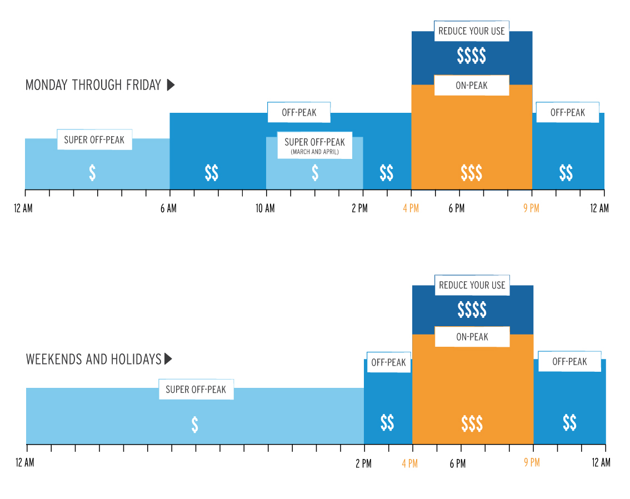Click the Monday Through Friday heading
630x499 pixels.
pyautogui.click(x=93, y=85)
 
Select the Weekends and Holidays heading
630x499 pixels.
pyautogui.click(x=93, y=359)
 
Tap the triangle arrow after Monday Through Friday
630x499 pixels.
pyautogui.click(x=171, y=85)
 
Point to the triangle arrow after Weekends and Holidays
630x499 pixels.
pyautogui.click(x=168, y=359)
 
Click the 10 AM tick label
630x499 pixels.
pyautogui.click(x=265, y=208)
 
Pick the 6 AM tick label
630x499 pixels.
pyautogui.click(x=168, y=208)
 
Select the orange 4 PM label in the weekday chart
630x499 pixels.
pyautogui.click(x=411, y=208)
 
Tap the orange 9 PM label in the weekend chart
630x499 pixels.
pyautogui.click(x=532, y=462)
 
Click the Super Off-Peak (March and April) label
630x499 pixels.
pyautogui.click(x=314, y=145)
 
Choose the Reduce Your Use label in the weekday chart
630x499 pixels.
pyautogui.click(x=472, y=31)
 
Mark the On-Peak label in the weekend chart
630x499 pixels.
pyautogui.click(x=472, y=337)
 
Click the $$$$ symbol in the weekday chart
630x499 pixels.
pyautogui.click(x=471, y=56)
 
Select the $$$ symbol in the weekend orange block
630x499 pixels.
pyautogui.click(x=472, y=424)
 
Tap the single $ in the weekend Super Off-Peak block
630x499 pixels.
pyautogui.click(x=194, y=424)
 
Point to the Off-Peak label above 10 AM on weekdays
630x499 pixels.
pyautogui.click(x=299, y=112)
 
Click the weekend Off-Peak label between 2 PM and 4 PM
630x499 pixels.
pyautogui.click(x=388, y=362)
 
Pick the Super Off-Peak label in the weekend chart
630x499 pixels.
pyautogui.click(x=196, y=390)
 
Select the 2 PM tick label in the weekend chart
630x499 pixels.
pyautogui.click(x=363, y=463)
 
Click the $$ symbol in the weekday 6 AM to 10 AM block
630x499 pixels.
pyautogui.click(x=211, y=173)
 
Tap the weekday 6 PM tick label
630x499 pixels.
pyautogui.click(x=457, y=208)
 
